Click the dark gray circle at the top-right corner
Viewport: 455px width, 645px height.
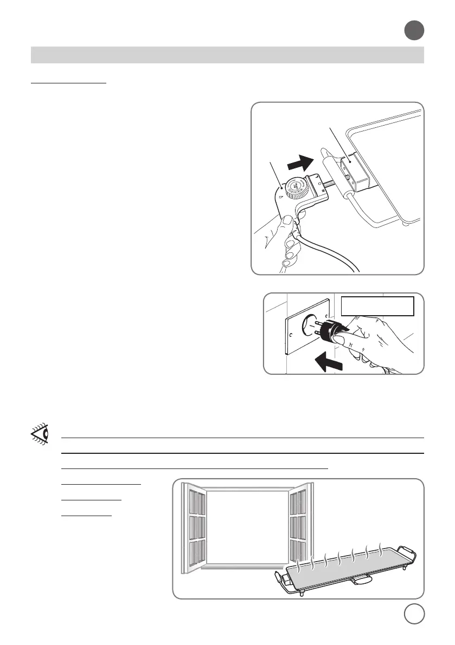[x=414, y=31]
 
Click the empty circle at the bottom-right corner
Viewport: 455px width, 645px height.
[x=414, y=614]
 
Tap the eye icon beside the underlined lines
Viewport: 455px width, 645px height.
[x=39, y=434]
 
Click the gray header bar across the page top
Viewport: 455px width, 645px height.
[x=227, y=55]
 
